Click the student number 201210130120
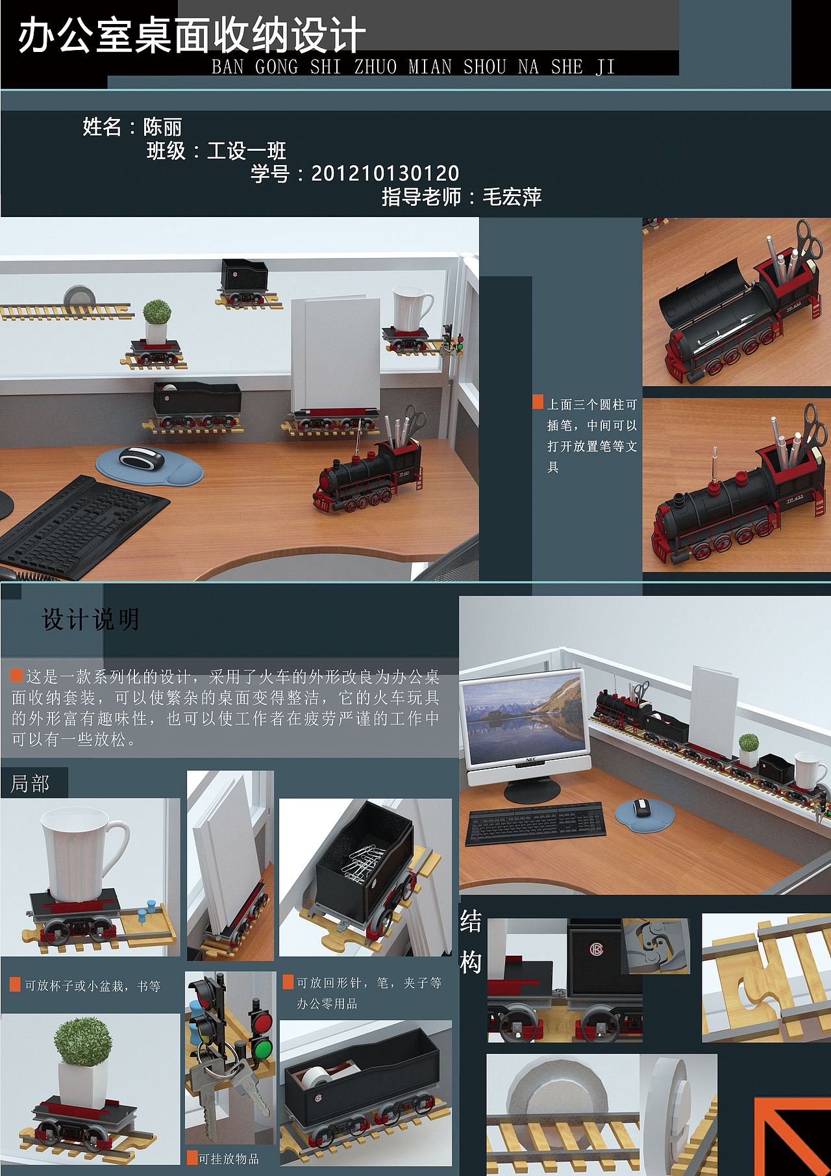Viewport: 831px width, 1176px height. coord(385,173)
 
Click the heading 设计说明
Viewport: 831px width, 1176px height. coord(90,619)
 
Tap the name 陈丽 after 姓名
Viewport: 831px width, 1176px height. coord(162,127)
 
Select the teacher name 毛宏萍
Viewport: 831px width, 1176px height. coord(512,197)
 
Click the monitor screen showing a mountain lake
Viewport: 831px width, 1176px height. coord(524,717)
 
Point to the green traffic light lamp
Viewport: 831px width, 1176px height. coord(262,1049)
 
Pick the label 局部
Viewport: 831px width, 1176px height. coord(30,784)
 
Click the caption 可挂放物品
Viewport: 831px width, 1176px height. coord(228,1158)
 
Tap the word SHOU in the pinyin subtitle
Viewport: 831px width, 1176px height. coord(484,67)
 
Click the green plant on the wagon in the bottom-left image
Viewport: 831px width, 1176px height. coord(82,1042)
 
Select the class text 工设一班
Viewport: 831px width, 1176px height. coord(247,151)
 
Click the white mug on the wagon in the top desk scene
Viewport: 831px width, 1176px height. coord(411,309)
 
